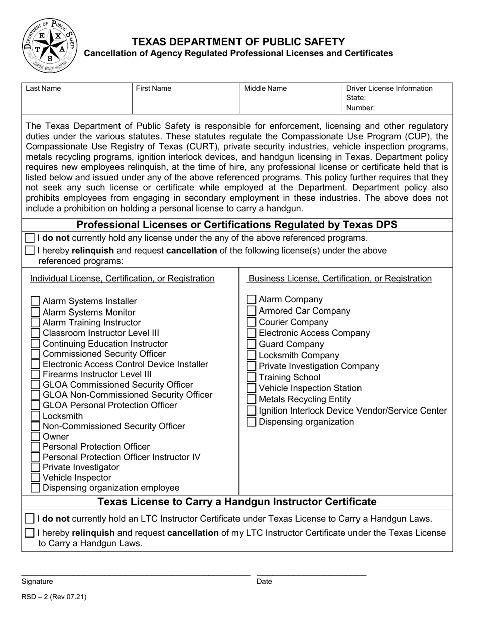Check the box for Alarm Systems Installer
(x=36, y=301)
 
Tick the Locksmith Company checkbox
(x=252, y=355)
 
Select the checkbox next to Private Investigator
(x=36, y=467)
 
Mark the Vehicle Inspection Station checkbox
(x=252, y=388)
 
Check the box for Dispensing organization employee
(x=36, y=488)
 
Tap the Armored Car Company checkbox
(x=252, y=311)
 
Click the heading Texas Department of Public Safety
(x=238, y=42)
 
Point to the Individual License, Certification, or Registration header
(x=123, y=278)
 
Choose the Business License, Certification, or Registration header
(x=340, y=278)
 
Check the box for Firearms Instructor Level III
(x=36, y=374)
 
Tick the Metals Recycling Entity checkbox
(x=252, y=399)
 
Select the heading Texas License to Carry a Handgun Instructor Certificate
(x=236, y=502)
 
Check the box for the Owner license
(x=36, y=436)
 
